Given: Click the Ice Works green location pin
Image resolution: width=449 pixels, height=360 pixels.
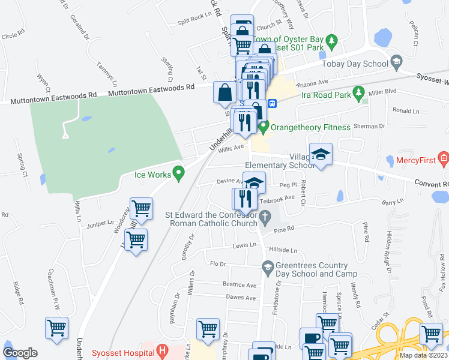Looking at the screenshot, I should (x=178, y=174).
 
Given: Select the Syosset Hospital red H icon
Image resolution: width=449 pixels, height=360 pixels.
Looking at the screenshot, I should (x=160, y=350).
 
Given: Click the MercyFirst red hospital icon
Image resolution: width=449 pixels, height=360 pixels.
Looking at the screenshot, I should (x=444, y=160).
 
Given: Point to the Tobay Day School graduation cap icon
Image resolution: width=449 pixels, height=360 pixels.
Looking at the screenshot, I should (x=396, y=61).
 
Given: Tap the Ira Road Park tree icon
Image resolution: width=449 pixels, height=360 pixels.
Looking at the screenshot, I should (x=359, y=92).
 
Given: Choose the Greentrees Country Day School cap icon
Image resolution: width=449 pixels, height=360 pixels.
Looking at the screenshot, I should (x=268, y=266).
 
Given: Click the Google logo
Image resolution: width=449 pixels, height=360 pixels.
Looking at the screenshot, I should (x=20, y=352).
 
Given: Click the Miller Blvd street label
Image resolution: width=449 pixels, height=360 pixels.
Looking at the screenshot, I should (x=383, y=91).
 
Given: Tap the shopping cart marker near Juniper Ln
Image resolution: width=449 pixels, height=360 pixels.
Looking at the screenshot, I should (x=140, y=209).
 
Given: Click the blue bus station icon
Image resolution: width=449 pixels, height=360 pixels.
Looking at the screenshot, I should (x=271, y=103).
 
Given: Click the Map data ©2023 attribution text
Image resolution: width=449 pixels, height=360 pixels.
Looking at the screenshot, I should (x=423, y=355).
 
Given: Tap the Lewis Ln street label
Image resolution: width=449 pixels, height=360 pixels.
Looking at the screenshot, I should (x=245, y=245).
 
